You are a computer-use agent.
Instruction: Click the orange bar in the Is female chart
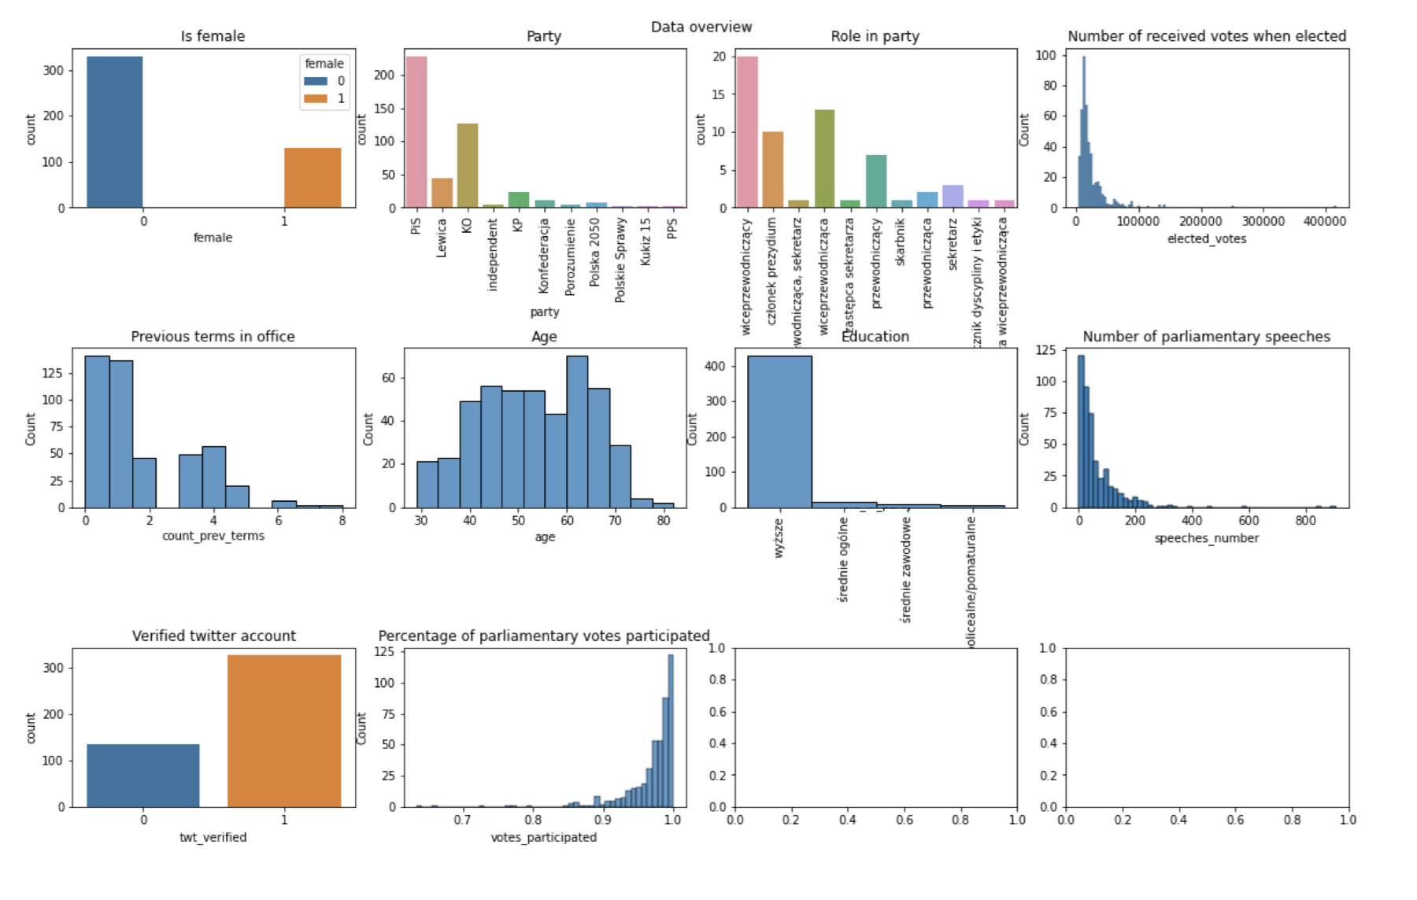coord(313,178)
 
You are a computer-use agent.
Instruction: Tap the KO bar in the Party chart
coord(468,165)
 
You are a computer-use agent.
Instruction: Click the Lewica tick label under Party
coord(442,238)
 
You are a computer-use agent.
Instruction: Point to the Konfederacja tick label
coord(543,256)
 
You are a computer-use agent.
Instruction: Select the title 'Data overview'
coord(701,27)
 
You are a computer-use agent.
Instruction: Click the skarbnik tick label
coord(901,242)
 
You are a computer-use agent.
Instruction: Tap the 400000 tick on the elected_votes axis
coord(1324,222)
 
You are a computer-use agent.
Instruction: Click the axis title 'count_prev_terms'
coord(213,536)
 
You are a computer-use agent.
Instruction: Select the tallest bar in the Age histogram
coord(577,432)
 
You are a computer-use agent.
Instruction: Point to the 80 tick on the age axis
coord(664,521)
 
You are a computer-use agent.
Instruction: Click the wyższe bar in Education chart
coord(779,432)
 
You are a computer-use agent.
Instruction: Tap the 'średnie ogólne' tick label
coord(843,559)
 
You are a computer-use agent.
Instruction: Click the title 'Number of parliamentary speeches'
coord(1206,337)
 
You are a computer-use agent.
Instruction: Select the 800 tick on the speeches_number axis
coord(1305,521)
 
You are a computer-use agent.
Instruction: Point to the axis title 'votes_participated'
coord(543,837)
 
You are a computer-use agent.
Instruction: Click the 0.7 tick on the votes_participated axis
coord(462,820)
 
